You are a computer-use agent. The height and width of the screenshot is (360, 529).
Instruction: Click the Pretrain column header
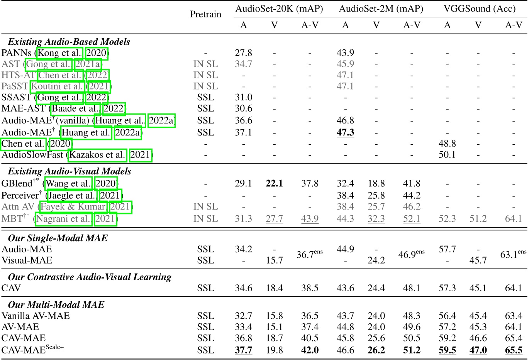point(205,14)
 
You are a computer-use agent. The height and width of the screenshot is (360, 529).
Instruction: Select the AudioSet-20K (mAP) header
point(279,8)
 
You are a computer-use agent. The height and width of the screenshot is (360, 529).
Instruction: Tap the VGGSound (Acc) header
point(480,8)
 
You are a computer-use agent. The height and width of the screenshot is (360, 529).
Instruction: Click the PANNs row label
point(17,53)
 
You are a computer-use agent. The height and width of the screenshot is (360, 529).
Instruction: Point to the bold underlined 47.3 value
point(345,133)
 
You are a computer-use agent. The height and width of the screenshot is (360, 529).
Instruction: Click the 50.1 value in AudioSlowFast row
point(447,155)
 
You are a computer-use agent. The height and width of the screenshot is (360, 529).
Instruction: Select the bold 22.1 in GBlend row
point(274,184)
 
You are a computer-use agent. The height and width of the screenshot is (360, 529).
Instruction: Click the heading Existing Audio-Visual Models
point(70,171)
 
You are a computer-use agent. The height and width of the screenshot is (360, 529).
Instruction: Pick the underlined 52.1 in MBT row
point(412,219)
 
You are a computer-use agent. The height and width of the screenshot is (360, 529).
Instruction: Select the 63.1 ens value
point(513,255)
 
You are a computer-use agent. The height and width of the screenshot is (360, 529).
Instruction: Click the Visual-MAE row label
point(27,260)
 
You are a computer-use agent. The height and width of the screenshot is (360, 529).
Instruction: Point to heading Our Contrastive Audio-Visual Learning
point(90,277)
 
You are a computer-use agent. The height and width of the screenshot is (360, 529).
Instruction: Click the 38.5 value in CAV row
point(310,288)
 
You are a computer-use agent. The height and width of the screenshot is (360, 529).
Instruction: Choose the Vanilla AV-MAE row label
point(36,316)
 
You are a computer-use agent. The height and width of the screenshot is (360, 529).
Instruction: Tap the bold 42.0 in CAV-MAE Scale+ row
point(310,350)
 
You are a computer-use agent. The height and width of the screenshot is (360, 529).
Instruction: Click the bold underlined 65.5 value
point(514,350)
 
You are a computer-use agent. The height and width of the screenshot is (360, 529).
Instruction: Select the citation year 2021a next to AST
point(88,64)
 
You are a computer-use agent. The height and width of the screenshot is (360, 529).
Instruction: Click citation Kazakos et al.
point(98,155)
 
